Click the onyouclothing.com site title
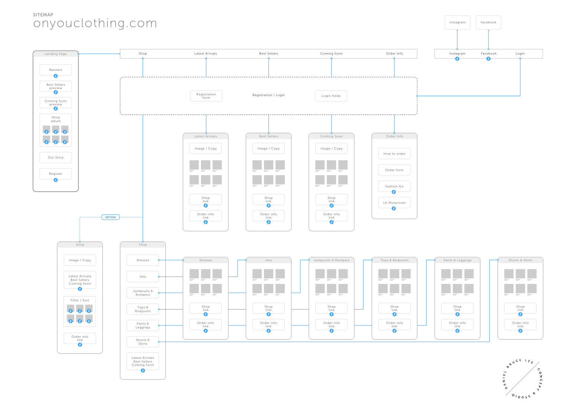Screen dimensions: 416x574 pyautogui.click(x=95, y=23)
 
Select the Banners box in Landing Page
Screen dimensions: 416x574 pyautogui.click(x=56, y=70)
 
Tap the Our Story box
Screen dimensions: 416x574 pyautogui.click(x=56, y=157)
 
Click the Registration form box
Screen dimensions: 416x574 pyautogui.click(x=206, y=96)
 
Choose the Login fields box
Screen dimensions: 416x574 pyautogui.click(x=331, y=96)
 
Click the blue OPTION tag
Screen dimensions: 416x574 pyautogui.click(x=110, y=217)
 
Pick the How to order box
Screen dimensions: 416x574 pyautogui.click(x=394, y=154)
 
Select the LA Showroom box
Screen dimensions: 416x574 pyautogui.click(x=394, y=203)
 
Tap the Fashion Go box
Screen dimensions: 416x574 pyautogui.click(x=394, y=186)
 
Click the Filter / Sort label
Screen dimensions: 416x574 pyautogui.click(x=80, y=300)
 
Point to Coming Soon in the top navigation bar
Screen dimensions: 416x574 pyautogui.click(x=331, y=53)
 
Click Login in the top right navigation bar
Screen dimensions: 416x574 pyautogui.click(x=520, y=53)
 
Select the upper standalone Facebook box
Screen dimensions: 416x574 pyautogui.click(x=488, y=22)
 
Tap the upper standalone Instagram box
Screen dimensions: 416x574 pyautogui.click(x=457, y=22)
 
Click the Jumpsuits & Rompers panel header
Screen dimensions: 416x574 pyautogui.click(x=332, y=260)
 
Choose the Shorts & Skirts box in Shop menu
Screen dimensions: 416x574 pyautogui.click(x=143, y=342)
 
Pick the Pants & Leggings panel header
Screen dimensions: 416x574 pyautogui.click(x=457, y=260)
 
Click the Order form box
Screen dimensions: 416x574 pyautogui.click(x=394, y=170)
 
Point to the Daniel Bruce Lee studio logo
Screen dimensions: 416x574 pyautogui.click(x=522, y=379)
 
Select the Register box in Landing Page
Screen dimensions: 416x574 pyautogui.click(x=56, y=174)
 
